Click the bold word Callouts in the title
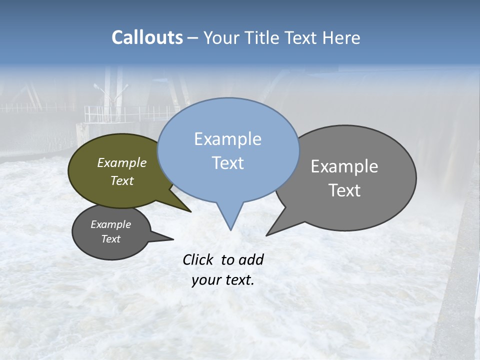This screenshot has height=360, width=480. [x=147, y=37]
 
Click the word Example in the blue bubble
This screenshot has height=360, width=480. [x=227, y=139]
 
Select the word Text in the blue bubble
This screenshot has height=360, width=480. [x=228, y=163]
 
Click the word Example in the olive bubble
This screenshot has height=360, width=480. [x=122, y=162]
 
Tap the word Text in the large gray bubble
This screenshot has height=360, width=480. [x=345, y=190]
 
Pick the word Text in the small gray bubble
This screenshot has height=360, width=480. [x=111, y=239]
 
